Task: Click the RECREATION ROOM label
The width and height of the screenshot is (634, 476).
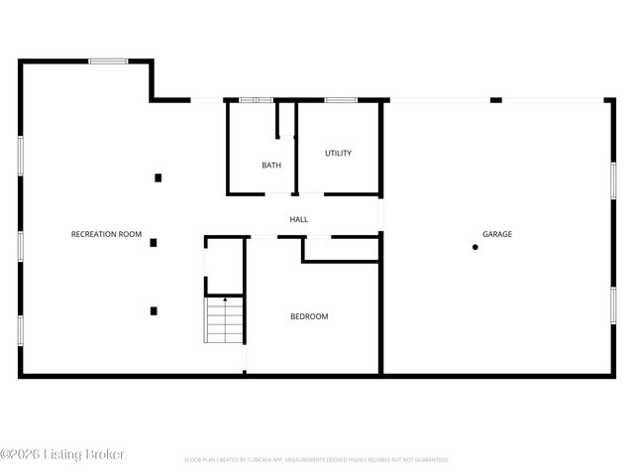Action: pyautogui.click(x=107, y=234)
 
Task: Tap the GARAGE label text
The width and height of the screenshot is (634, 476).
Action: pyautogui.click(x=497, y=234)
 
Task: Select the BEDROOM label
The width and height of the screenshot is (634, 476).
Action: pyautogui.click(x=309, y=316)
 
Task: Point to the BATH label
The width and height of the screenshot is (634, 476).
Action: pyautogui.click(x=271, y=166)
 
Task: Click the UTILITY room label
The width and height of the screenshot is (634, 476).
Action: pyautogui.click(x=339, y=154)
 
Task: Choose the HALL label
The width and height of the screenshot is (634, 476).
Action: pyautogui.click(x=299, y=219)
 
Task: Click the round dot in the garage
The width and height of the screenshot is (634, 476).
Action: pyautogui.click(x=475, y=247)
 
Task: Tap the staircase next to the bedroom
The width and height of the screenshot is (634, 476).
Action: pyautogui.click(x=225, y=321)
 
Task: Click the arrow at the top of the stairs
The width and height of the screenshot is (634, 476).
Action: pyautogui.click(x=225, y=297)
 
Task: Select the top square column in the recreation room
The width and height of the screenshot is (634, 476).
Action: pyautogui.click(x=158, y=178)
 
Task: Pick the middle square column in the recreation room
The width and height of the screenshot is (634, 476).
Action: pyautogui.click(x=154, y=242)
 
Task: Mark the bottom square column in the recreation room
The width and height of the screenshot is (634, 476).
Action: pyautogui.click(x=154, y=310)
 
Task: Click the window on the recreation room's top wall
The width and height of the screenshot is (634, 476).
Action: pyautogui.click(x=108, y=61)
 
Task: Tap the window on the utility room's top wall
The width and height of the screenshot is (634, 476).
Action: pyautogui.click(x=341, y=99)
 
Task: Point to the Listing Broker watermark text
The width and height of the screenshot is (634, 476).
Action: pyautogui.click(x=63, y=454)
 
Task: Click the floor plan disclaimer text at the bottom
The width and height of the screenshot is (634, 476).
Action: pyautogui.click(x=317, y=460)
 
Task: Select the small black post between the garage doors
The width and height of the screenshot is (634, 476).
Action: pyautogui.click(x=496, y=99)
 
